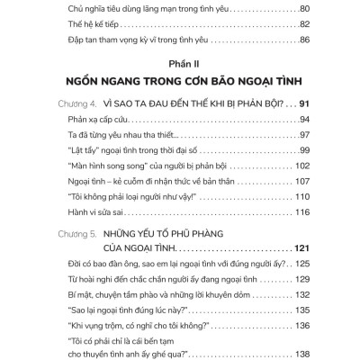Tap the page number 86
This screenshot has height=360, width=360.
303,41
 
